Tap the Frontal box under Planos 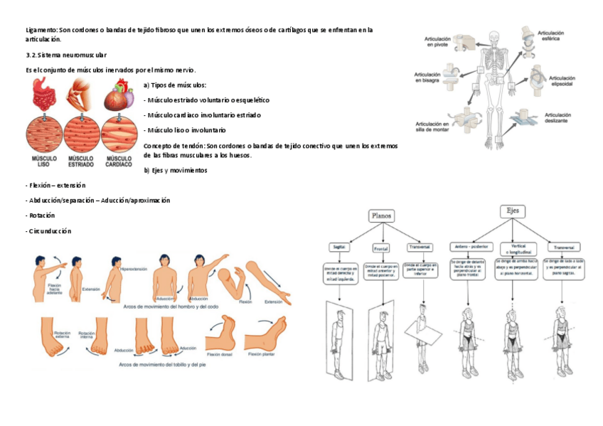[381, 248]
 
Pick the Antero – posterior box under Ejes [470, 246]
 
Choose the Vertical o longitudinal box [514, 249]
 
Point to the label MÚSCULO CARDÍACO [118, 161]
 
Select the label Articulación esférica [555, 36]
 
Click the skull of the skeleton [496, 38]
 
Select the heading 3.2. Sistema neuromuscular [65, 55]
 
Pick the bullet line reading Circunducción [48, 231]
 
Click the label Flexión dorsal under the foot [220, 353]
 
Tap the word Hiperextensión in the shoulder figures [133, 270]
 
